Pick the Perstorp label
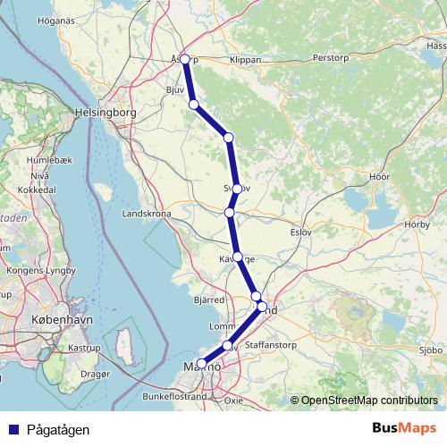tap(332, 57)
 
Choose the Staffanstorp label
tap(272, 342)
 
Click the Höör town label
tap(379, 177)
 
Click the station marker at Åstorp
tap(185, 59)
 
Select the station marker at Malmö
tap(200, 364)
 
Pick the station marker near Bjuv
tap(194, 105)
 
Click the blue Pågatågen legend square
tap(13, 429)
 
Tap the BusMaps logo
tap(403, 428)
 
